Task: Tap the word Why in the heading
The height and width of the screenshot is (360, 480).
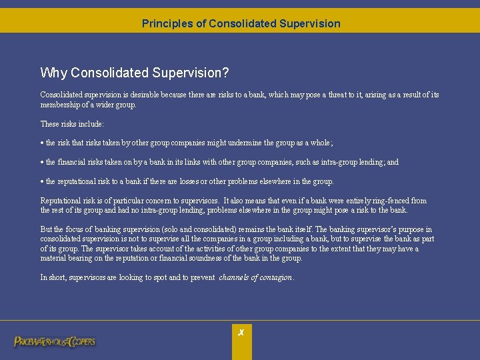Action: (x=54, y=73)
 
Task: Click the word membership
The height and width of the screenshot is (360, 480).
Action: (x=63, y=105)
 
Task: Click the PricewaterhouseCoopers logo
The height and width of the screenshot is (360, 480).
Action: (x=55, y=342)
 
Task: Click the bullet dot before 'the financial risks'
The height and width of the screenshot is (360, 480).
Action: (x=42, y=163)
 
